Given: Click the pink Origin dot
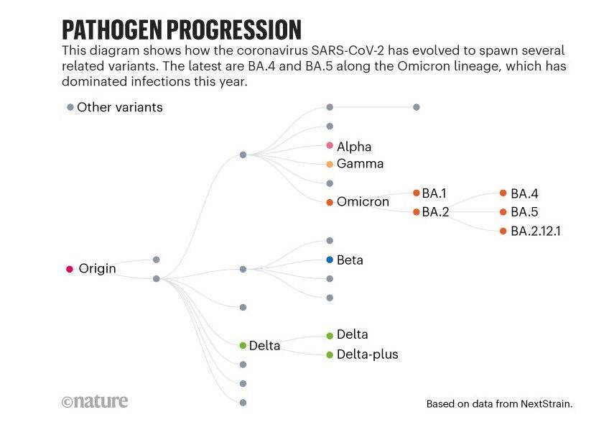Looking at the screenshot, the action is tap(70, 269).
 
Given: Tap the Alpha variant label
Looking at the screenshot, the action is tap(354, 147).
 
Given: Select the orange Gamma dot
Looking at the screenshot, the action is tap(330, 164).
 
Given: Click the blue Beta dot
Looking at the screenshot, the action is tap(330, 260).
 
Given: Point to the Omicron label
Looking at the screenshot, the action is tap(363, 201).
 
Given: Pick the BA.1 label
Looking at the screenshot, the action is tap(434, 193).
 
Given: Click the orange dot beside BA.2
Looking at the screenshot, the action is tap(417, 212).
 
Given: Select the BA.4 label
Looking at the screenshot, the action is tap(524, 193).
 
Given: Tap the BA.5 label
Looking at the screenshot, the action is tap(524, 212).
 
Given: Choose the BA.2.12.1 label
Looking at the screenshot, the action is tap(536, 231).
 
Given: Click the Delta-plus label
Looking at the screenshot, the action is tap(368, 354).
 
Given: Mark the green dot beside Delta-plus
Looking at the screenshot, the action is tap(330, 354).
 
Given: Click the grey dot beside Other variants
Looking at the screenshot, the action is tap(70, 107).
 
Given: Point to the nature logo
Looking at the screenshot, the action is tap(95, 401).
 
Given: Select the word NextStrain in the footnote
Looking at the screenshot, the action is tap(546, 404).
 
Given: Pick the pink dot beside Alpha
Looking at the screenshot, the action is tap(330, 145).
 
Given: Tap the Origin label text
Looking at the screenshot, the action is tap(97, 269).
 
